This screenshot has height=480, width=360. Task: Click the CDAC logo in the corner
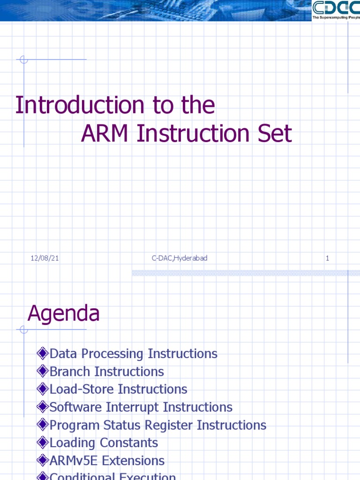(x=336, y=10)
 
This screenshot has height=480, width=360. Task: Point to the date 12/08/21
(x=45, y=258)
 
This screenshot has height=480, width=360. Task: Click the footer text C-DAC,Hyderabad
(x=179, y=258)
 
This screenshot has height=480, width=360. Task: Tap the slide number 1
(x=327, y=258)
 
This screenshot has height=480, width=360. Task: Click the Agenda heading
(x=63, y=314)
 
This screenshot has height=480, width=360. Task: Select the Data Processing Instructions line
(x=133, y=353)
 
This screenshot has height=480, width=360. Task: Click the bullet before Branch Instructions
(x=43, y=371)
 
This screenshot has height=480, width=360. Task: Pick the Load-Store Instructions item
(x=118, y=389)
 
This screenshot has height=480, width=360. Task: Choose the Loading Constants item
(x=104, y=442)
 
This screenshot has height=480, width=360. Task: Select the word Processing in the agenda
(x=115, y=353)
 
